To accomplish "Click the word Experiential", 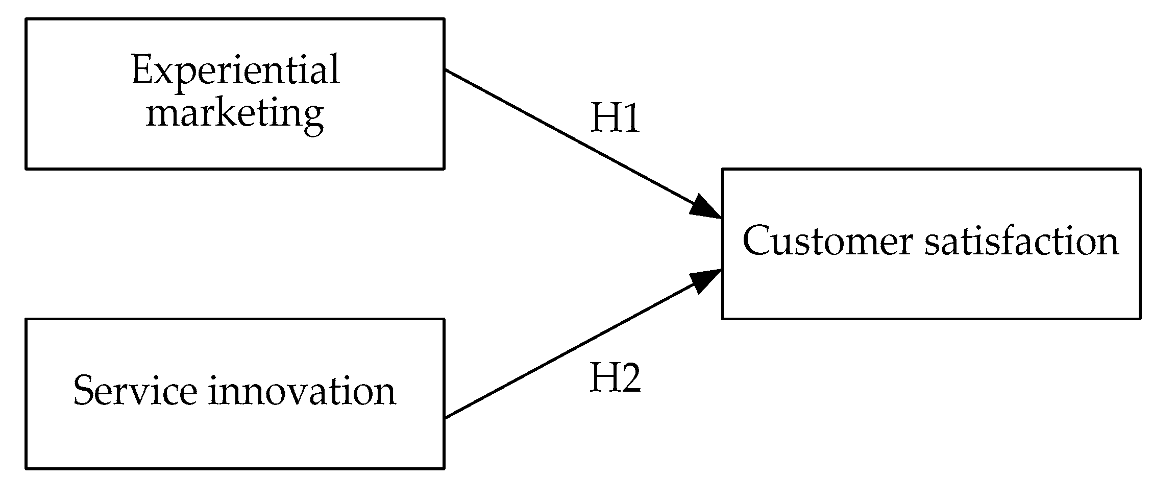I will coord(235,71).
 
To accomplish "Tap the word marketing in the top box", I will coord(235,113).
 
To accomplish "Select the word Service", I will coord(135,391).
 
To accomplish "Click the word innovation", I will coord(302,391).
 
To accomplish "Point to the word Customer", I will coord(827,241).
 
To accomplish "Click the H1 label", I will coord(615,118).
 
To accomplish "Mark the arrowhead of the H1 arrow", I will coord(707,209).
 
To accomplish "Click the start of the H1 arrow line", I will coord(446,70).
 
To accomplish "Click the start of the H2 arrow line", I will coord(446,417).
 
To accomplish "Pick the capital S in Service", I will coord(84,391).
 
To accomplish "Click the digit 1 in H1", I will coord(631,118).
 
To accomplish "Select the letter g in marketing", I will coord(312,117).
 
